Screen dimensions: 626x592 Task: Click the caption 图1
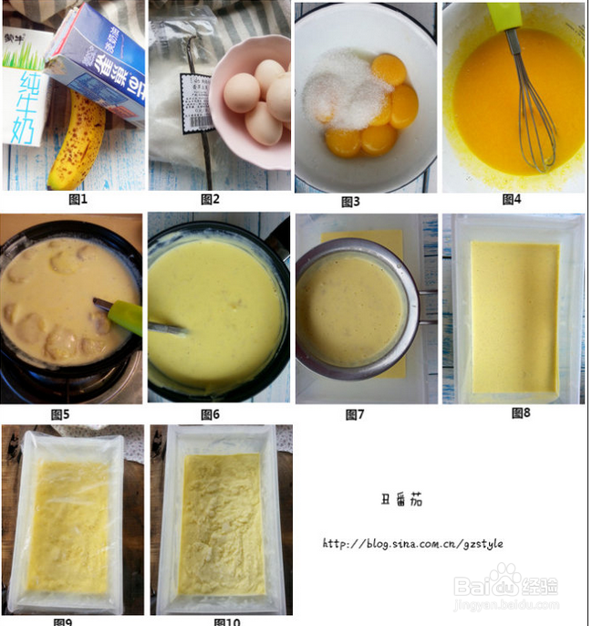click(78, 198)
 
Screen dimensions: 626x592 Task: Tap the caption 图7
click(355, 415)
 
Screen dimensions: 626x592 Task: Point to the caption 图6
click(211, 415)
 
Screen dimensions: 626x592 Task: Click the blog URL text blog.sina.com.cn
click(412, 544)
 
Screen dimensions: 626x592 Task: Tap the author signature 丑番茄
click(400, 499)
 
